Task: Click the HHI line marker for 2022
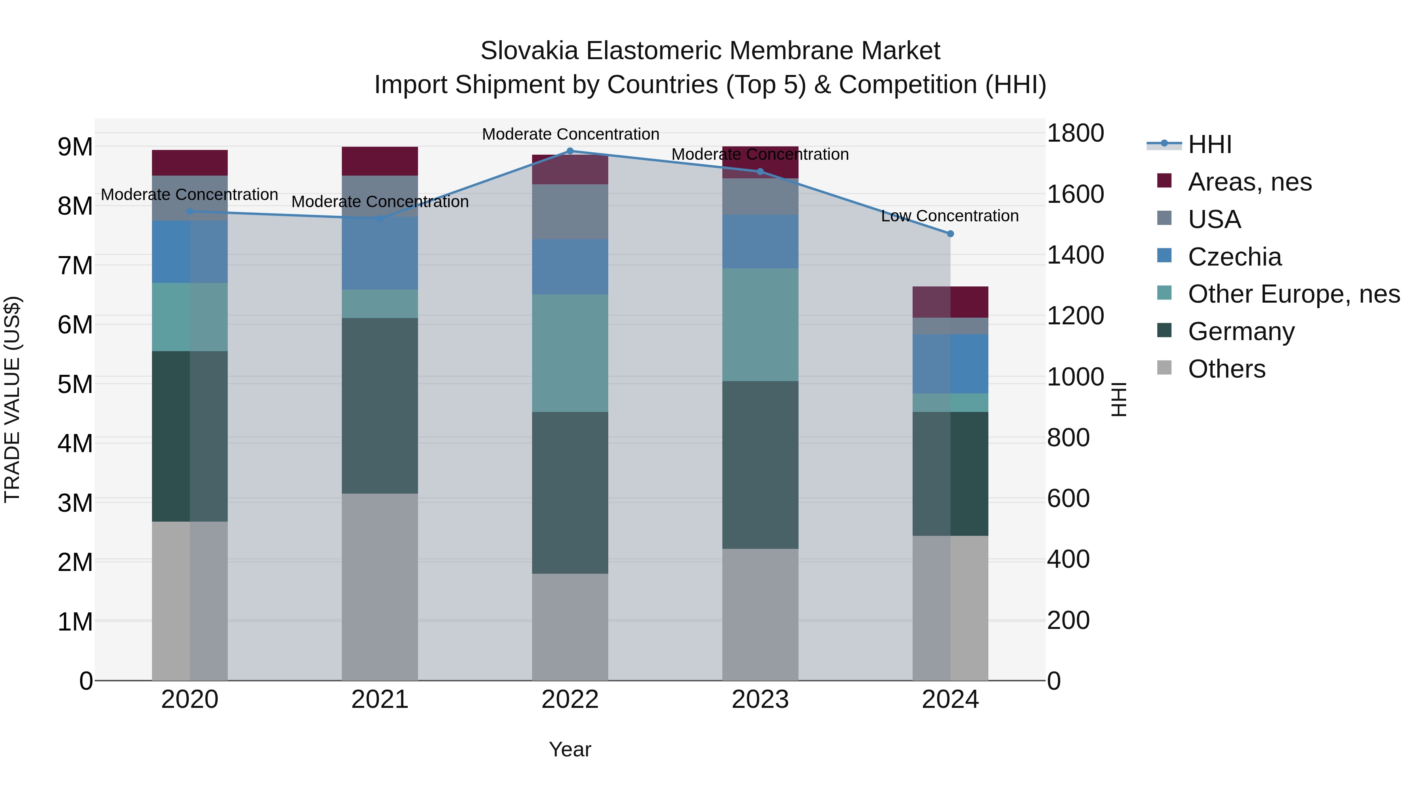point(570,151)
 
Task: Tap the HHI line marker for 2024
point(950,234)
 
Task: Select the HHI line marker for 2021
point(380,219)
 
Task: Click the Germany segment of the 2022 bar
point(570,492)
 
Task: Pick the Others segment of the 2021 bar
point(380,587)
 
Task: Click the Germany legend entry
point(1241,332)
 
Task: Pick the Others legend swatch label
point(1226,369)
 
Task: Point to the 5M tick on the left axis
point(75,384)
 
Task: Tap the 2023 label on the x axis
point(760,700)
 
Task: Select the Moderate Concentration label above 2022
point(570,135)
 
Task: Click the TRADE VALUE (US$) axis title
point(12,399)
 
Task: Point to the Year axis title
point(570,749)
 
